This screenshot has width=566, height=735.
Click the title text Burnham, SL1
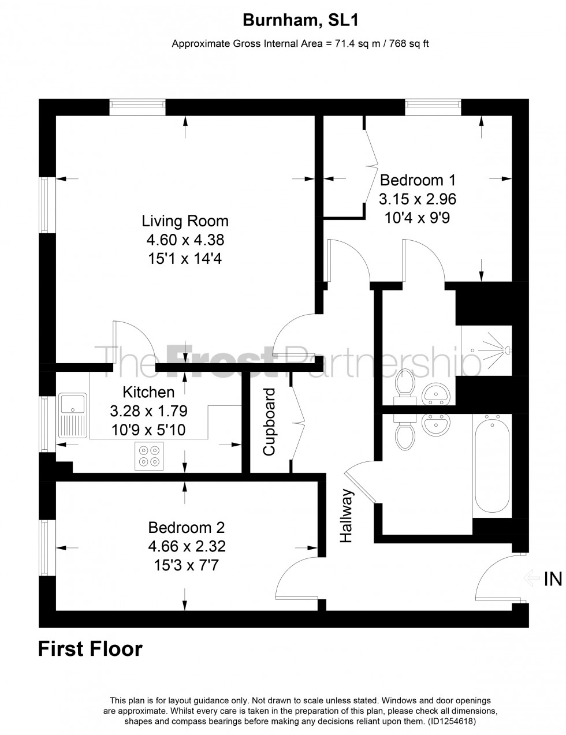point(300,21)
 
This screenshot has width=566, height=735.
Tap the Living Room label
point(185,221)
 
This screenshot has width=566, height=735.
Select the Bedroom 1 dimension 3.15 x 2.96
point(417,200)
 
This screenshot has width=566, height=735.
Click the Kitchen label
point(149,393)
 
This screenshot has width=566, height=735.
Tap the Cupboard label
point(269,422)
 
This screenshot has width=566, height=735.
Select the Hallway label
point(346,516)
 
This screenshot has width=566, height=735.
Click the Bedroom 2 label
point(186,528)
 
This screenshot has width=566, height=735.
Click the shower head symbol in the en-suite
point(507,350)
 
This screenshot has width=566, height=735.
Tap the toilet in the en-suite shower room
point(404,385)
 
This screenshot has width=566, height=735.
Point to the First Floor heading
point(90,649)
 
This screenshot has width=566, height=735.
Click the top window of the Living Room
point(137,105)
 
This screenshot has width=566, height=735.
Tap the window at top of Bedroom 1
point(433,105)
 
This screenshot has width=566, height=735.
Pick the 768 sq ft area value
point(408,43)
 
